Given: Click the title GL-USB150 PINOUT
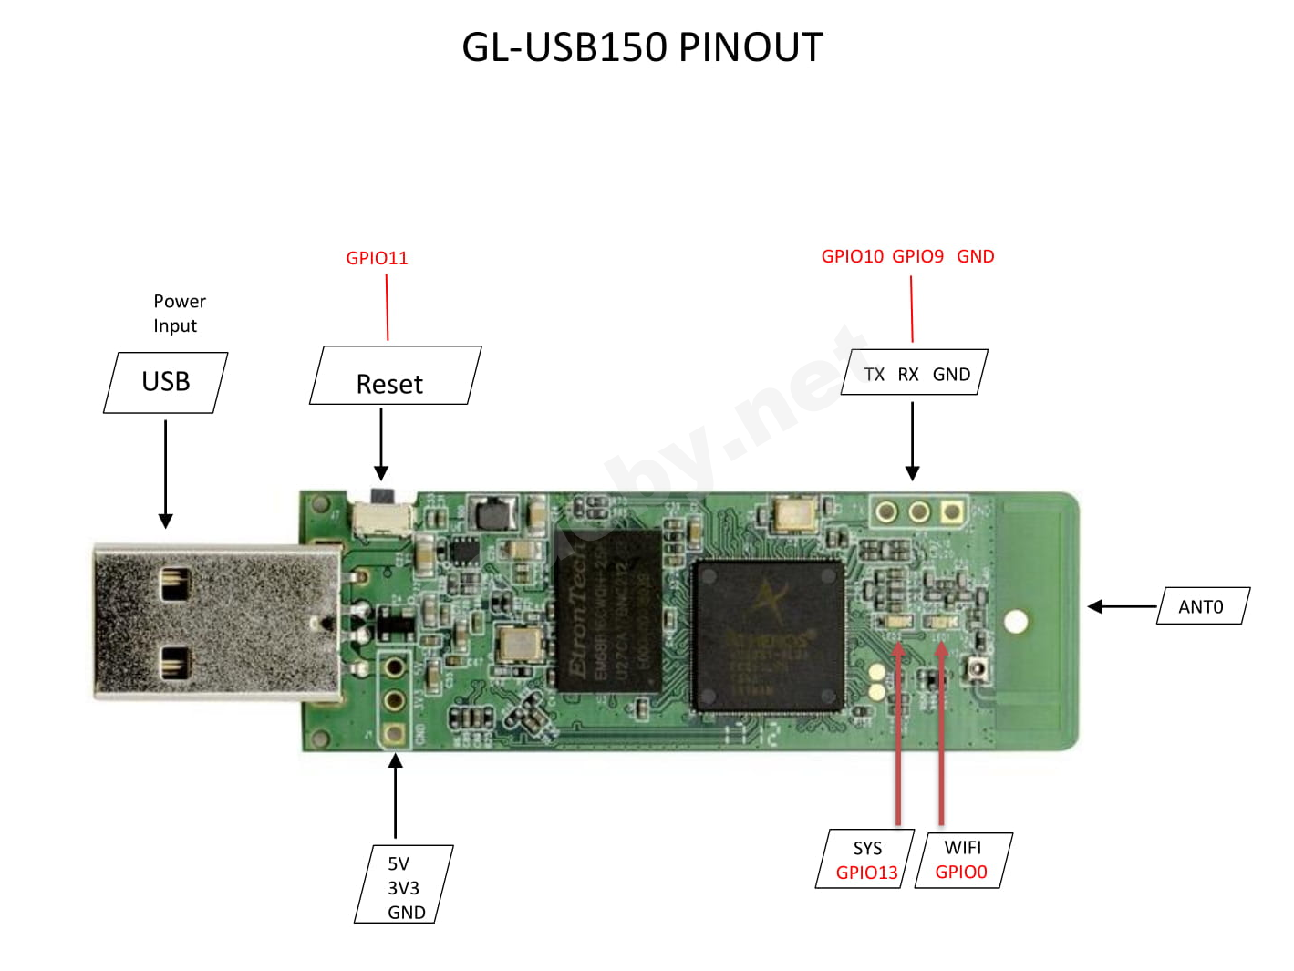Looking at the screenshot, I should point(642,47).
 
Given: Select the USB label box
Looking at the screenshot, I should point(166,382).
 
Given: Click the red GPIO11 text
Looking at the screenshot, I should point(377,258).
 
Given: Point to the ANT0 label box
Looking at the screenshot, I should point(1201,607).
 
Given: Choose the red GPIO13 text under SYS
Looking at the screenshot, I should point(866,873).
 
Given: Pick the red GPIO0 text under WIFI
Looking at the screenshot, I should point(961,872).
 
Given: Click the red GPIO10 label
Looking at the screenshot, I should point(852,256).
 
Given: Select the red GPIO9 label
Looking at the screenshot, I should point(917,256).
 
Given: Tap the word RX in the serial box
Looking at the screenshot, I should point(908,375).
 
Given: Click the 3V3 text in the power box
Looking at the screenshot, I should point(403,888).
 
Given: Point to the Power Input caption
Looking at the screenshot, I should point(179,314).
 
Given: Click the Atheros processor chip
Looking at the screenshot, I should point(768,635).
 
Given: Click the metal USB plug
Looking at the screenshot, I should point(210,623).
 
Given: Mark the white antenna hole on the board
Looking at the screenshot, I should point(1016,622).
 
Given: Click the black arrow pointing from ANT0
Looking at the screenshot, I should point(1122,606).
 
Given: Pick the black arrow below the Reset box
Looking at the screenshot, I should point(381,444).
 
